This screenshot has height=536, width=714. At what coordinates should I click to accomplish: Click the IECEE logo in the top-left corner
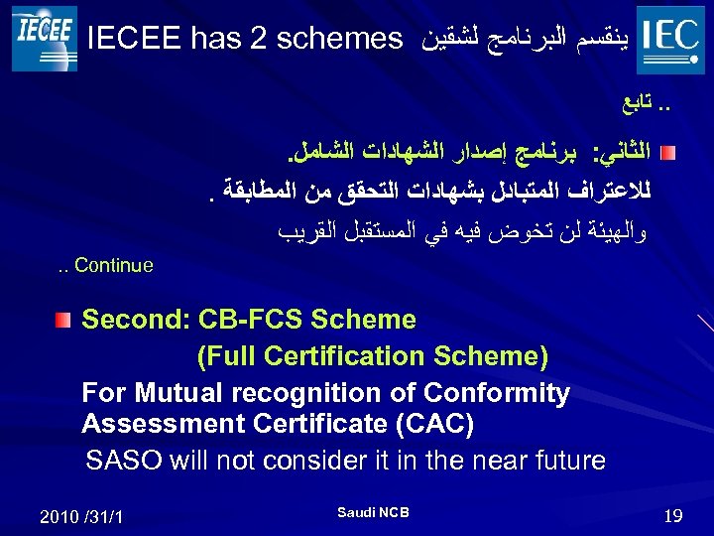point(44,37)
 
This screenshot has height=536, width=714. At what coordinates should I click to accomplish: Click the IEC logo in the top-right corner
point(671,39)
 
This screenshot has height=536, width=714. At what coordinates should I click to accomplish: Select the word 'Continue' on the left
point(113,266)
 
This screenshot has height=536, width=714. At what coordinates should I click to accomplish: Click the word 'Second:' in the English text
point(136,320)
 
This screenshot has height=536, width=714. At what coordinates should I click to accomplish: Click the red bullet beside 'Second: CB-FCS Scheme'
point(63,321)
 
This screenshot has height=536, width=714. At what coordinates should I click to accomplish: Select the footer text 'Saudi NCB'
point(373,512)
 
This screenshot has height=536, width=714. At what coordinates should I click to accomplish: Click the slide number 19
point(673,515)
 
